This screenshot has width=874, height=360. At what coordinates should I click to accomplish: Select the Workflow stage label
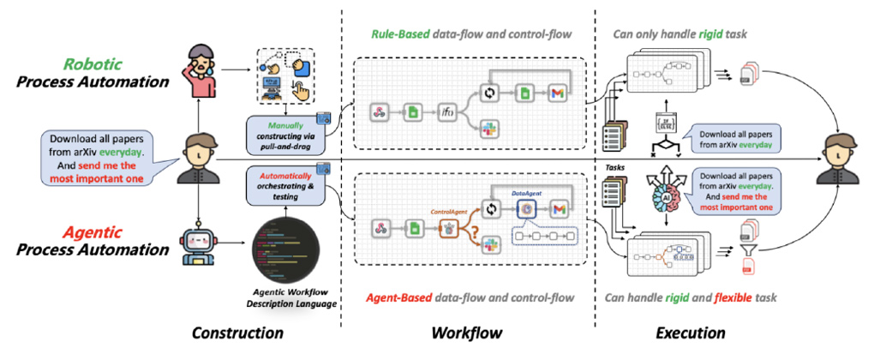(466, 333)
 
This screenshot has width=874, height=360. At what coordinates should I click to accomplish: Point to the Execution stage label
(691, 333)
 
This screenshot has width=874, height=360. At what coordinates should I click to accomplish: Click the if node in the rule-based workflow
(446, 112)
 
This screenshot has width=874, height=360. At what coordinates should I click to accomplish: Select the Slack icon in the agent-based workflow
(494, 246)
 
